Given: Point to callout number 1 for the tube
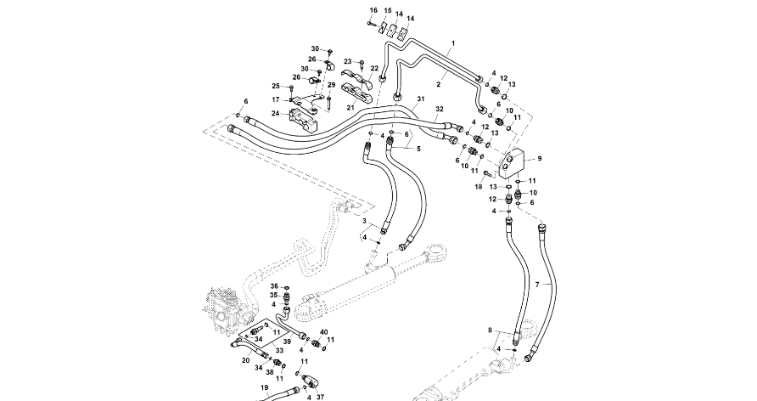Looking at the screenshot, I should tap(453, 42).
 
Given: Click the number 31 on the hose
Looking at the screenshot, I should tap(419, 99).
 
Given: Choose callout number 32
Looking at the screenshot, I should tap(439, 109).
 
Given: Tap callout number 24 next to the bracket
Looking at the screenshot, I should tap(275, 113).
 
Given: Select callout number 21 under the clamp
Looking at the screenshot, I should tap(350, 108).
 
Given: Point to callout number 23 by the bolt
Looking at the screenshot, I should tap(347, 61).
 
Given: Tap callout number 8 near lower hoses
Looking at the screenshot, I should tap(490, 329).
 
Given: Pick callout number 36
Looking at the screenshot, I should tap(274, 286).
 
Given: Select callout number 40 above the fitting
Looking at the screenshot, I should tap(323, 332).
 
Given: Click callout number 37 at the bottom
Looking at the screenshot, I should tap(320, 396).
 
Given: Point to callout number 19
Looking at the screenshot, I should tap(264, 388).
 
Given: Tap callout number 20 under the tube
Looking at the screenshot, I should tap(245, 360).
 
